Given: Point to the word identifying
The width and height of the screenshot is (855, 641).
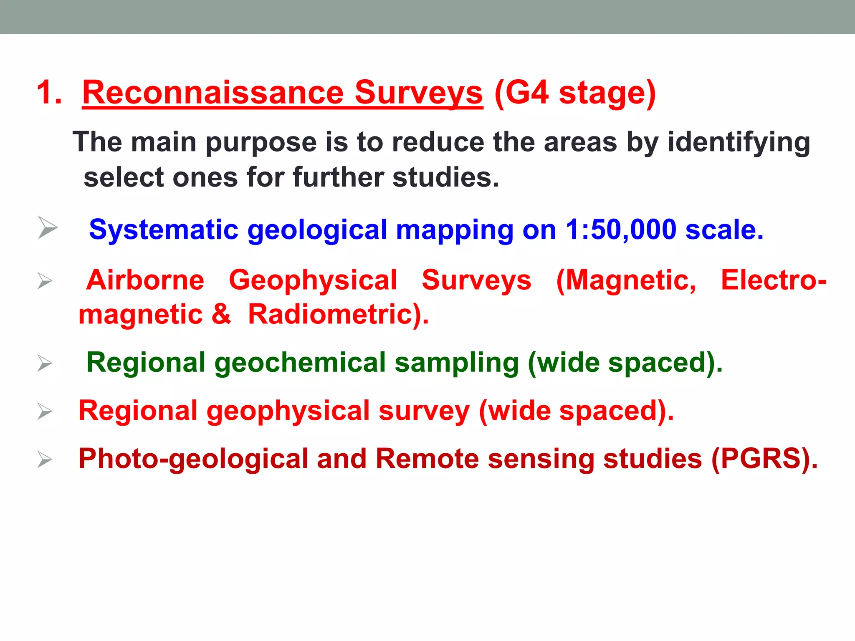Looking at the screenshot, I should point(739,143).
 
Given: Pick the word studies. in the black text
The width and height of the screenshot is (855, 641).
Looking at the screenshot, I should point(446,177).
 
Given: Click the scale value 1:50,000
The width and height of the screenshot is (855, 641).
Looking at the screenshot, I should point(620,230).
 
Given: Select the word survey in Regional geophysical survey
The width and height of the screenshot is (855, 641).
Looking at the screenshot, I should point(424,411).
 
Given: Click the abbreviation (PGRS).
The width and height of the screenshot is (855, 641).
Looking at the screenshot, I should point(764,459).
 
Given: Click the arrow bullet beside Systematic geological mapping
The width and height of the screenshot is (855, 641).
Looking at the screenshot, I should point(47,227).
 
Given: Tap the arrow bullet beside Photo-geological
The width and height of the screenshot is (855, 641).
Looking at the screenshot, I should point(45,459).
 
